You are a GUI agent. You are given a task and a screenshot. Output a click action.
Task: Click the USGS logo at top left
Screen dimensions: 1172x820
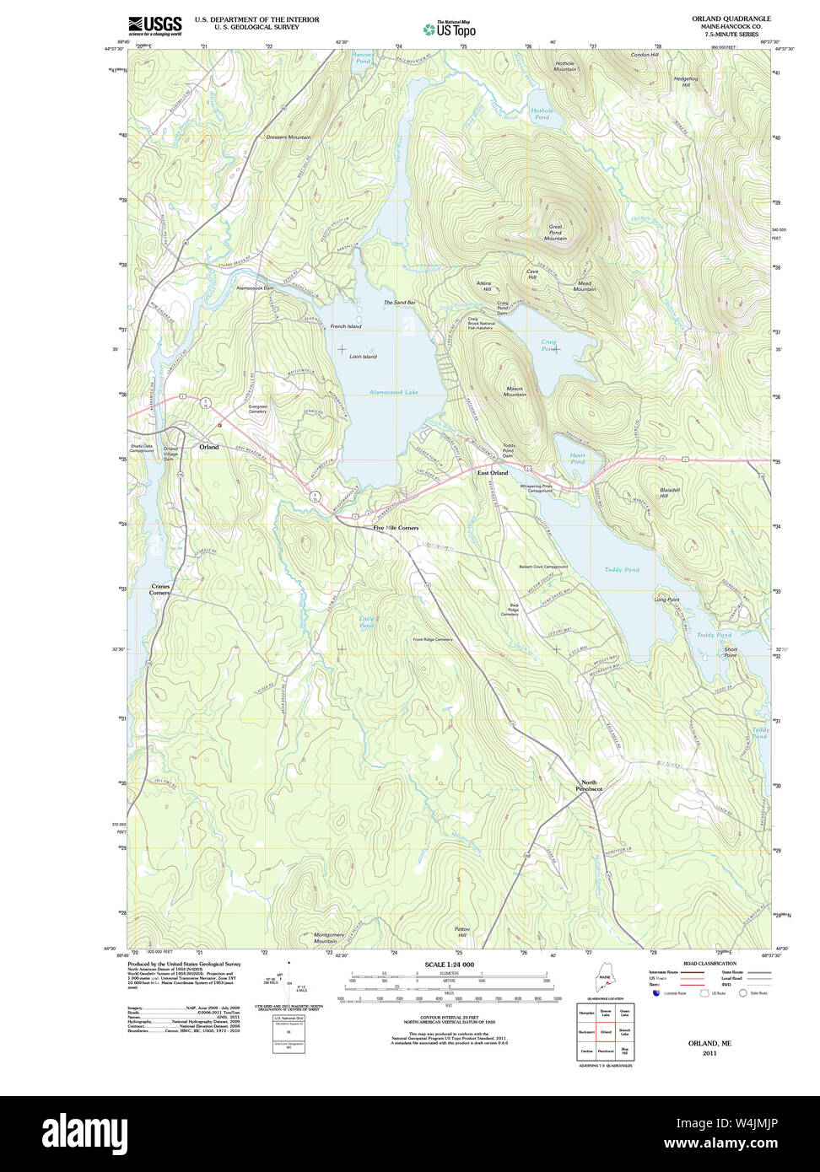[154, 24]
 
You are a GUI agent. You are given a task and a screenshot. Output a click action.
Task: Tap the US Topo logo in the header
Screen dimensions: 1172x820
[450, 30]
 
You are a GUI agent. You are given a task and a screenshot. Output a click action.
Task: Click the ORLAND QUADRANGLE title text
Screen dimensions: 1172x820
[731, 19]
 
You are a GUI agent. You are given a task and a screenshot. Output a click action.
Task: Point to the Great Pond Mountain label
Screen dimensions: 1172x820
[555, 233]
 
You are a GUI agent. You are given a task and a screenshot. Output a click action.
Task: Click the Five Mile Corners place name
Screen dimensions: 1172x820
[396, 528]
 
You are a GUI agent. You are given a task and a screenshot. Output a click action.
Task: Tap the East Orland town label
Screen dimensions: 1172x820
[493, 473]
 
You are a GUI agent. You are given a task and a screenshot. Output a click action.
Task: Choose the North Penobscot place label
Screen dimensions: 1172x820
[589, 785]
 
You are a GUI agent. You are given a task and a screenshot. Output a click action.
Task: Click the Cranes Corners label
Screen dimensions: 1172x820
[160, 589]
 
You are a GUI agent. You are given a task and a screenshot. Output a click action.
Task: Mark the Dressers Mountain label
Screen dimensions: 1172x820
[288, 137]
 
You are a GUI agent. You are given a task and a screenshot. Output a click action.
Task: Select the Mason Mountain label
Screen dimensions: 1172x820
[515, 392]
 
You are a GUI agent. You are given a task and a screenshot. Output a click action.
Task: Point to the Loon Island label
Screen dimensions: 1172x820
[363, 357]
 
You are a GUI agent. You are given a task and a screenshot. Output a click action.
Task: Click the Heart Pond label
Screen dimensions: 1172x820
[577, 459]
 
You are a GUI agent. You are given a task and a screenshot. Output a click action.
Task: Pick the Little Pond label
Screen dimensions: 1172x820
[366, 622]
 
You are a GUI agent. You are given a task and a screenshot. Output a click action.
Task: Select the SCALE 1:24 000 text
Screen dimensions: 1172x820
[450, 964]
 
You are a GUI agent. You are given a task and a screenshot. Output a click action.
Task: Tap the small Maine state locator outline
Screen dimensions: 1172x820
[604, 983]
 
